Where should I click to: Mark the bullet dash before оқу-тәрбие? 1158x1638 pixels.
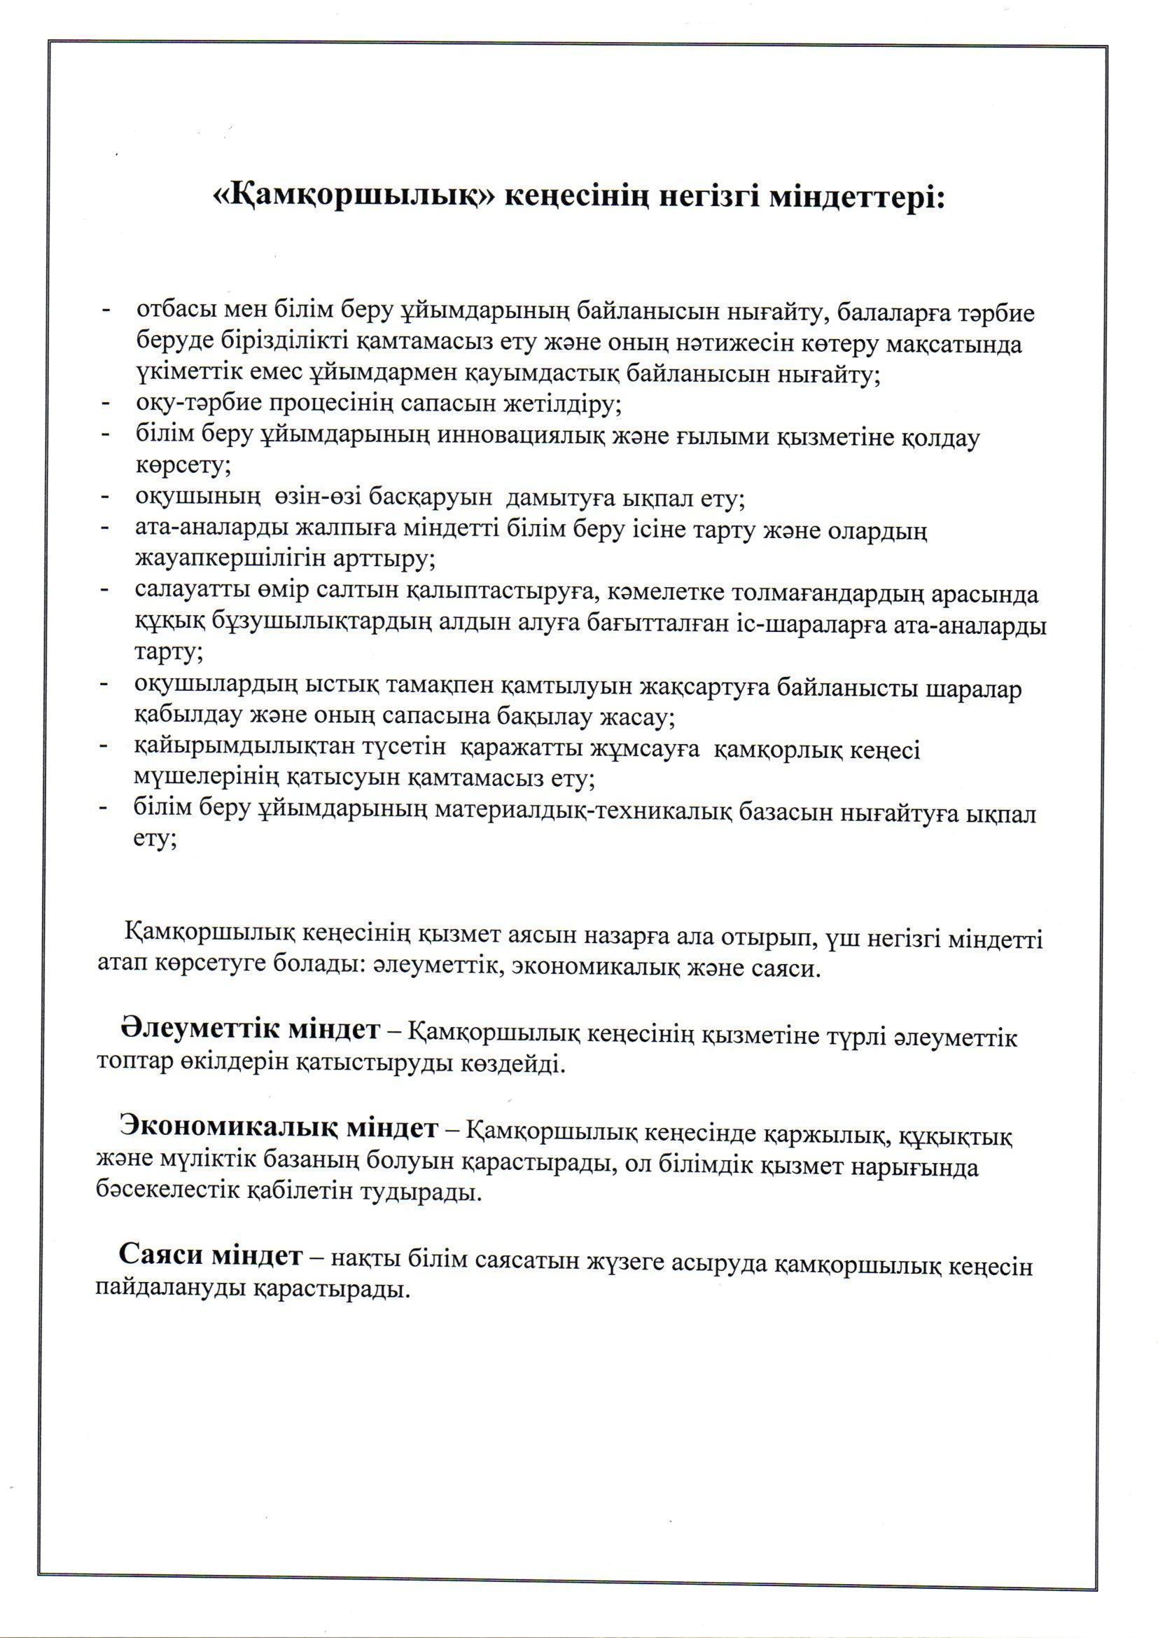click(x=106, y=404)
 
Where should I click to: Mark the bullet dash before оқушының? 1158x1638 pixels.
click(x=106, y=497)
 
